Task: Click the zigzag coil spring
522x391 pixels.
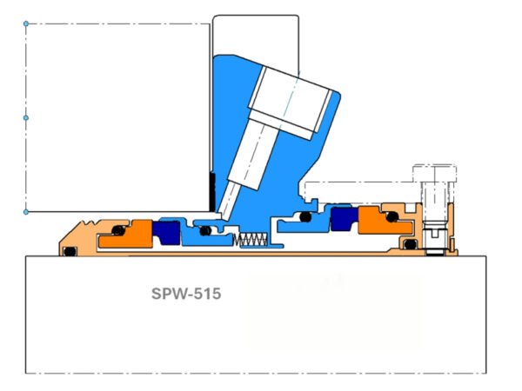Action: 252,239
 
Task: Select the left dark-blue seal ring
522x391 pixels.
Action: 165,232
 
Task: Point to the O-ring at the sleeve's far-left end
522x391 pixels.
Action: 70,252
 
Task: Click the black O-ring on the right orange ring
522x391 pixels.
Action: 391,215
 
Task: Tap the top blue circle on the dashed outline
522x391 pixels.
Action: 26,23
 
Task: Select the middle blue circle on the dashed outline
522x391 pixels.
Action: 26,116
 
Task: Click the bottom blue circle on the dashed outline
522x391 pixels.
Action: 26,211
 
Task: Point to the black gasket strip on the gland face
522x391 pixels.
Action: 211,185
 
